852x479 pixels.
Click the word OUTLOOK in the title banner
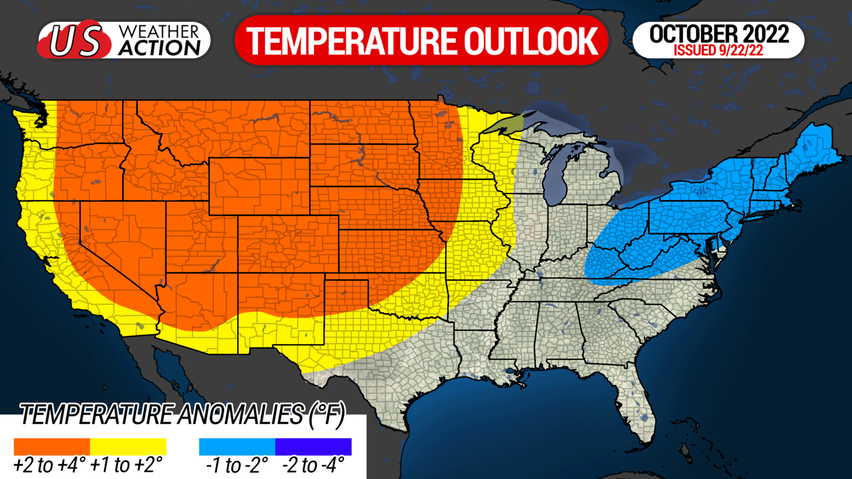click(x=531, y=41)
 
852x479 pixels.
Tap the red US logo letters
click(x=77, y=41)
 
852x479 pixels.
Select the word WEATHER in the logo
click(x=159, y=32)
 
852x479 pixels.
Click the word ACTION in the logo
click(x=159, y=49)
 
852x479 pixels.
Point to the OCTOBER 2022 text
click(x=719, y=34)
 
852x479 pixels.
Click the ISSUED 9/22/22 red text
click(x=718, y=50)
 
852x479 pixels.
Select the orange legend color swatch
click(x=52, y=446)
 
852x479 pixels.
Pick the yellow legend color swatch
click(x=128, y=446)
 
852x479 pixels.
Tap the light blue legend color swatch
click(x=237, y=446)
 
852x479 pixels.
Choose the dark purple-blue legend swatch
click(x=313, y=446)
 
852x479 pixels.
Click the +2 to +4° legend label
click(x=49, y=465)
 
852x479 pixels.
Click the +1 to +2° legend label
click(x=126, y=465)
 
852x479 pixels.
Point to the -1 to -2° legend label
click(x=237, y=465)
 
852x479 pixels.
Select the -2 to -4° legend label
click(x=313, y=465)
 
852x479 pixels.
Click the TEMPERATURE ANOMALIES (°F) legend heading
click(x=182, y=415)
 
